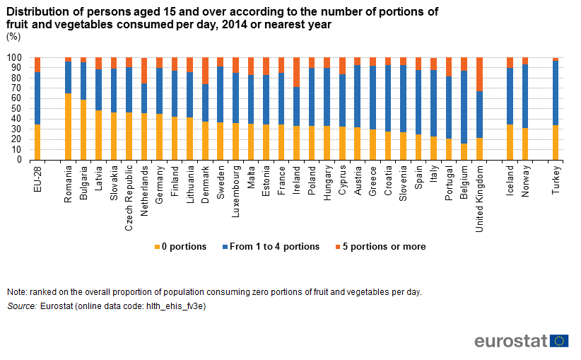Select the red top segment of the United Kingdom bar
(480, 74)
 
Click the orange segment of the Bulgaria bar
(83, 129)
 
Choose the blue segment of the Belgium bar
(464, 107)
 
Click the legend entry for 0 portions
(180, 247)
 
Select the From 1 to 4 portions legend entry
(270, 247)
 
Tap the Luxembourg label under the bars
(235, 190)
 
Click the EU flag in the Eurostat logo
(559, 341)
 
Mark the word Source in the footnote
(21, 306)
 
